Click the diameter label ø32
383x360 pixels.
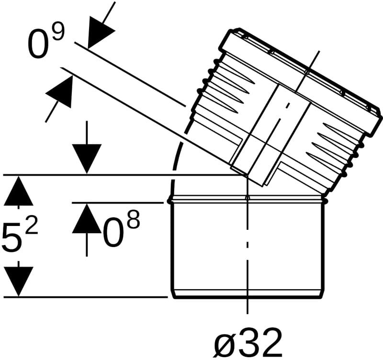248,342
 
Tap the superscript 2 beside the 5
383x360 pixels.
32,226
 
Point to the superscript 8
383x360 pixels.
134,220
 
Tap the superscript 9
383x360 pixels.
58,32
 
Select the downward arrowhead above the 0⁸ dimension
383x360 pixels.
87,159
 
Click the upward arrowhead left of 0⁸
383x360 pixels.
87,218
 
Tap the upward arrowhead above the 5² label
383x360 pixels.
18,191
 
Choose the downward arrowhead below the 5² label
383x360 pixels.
18,281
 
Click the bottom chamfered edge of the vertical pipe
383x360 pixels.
248,294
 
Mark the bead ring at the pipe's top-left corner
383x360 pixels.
169,201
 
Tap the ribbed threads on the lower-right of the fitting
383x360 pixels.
337,151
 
